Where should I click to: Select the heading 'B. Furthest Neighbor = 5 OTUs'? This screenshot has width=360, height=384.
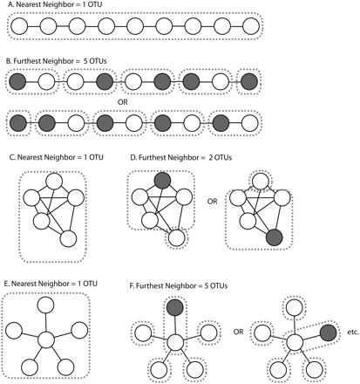coord(65,63)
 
